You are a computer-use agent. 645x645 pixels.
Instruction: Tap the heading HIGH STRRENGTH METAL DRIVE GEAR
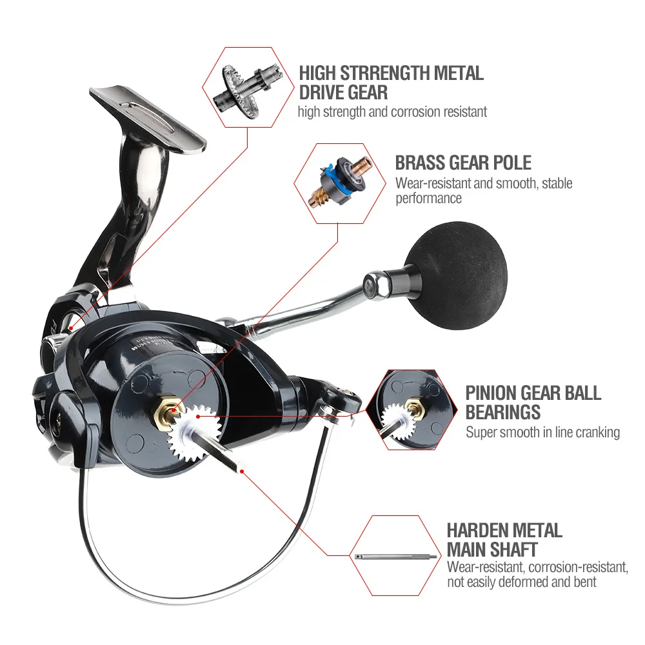[391, 82]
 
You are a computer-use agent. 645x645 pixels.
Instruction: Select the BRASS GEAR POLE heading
[463, 161]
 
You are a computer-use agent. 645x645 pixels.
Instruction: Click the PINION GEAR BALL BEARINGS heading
[533, 401]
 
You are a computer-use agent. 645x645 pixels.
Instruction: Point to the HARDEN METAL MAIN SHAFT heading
[504, 540]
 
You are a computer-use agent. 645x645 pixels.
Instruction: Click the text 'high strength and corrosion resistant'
[392, 112]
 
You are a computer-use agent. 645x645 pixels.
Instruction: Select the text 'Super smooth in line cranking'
[542, 432]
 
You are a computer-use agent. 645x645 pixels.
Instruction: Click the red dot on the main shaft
[242, 471]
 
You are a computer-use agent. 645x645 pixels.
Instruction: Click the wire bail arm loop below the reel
[193, 561]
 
